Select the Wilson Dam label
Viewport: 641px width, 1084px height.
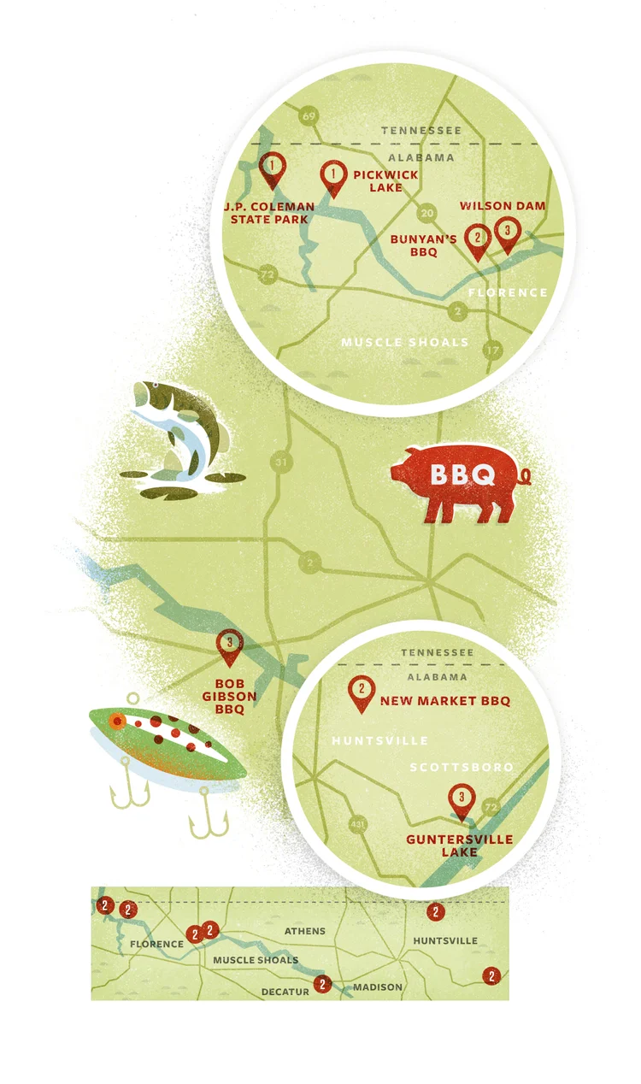502,206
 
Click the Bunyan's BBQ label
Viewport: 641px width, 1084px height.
425,246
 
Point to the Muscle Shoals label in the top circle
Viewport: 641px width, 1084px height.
404,342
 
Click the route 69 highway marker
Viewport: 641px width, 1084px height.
309,115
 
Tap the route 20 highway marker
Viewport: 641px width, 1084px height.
427,213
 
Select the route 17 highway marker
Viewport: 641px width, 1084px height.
491,350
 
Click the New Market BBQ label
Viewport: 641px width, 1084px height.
444,701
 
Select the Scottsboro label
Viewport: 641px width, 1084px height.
462,767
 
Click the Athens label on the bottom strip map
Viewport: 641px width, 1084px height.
304,931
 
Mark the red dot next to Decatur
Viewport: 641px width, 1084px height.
322,984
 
